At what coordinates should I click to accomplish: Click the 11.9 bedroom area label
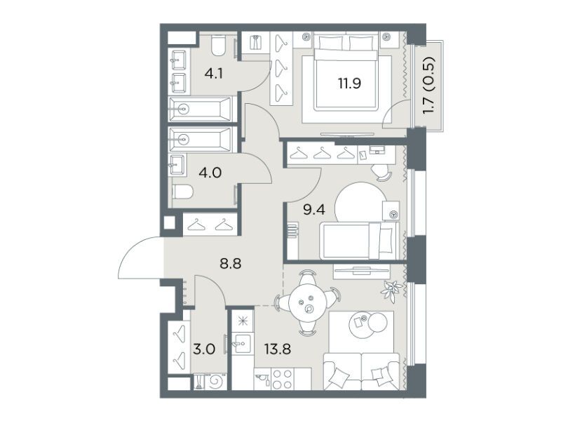click(x=349, y=83)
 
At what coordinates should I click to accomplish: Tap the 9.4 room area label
click(x=314, y=210)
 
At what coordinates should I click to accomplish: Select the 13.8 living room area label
click(x=277, y=348)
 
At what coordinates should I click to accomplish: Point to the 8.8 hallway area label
click(x=231, y=265)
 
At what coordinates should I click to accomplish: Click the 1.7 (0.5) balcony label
click(x=428, y=85)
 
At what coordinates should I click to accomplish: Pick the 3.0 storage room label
click(x=204, y=349)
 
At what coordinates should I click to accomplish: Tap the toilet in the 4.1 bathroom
click(x=218, y=46)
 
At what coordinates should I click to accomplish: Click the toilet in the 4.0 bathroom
click(x=183, y=192)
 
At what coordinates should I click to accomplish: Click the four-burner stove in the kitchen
click(x=283, y=379)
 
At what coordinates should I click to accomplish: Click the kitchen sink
click(x=242, y=344)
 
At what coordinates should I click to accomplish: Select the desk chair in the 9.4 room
click(x=383, y=173)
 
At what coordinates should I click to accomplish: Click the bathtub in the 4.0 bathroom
click(x=201, y=138)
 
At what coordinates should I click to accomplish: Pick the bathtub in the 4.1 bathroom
click(x=201, y=108)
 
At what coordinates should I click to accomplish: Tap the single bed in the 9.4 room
click(x=359, y=240)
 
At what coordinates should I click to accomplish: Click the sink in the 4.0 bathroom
click(x=177, y=165)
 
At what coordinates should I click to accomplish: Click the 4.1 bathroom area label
click(x=214, y=74)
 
